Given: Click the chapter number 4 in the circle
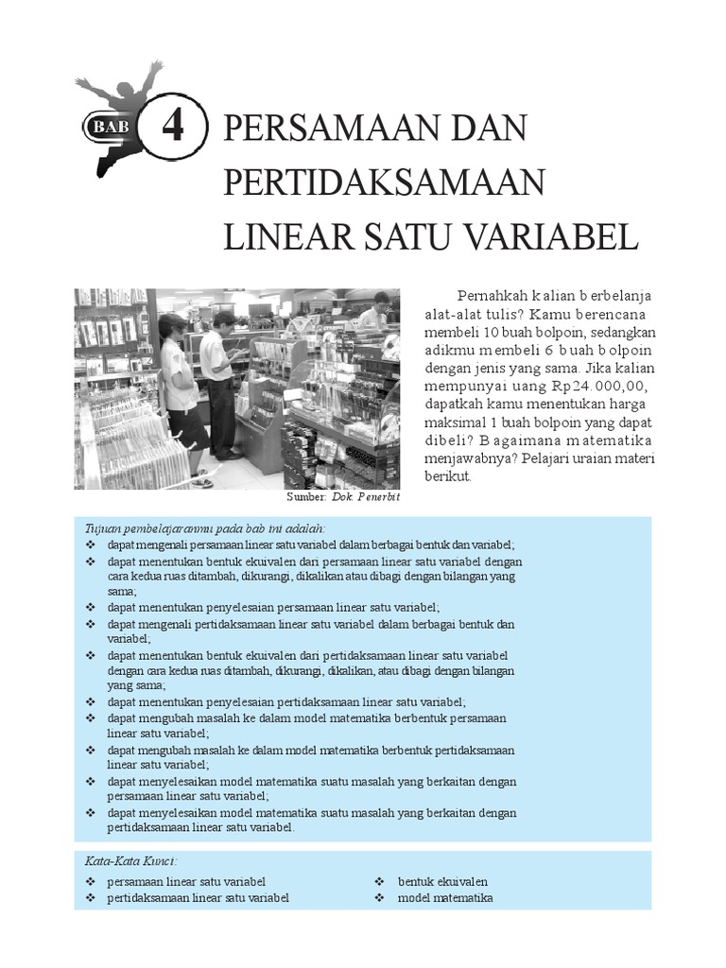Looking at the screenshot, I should click(172, 127).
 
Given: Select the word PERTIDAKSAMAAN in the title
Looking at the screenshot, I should click(386, 181).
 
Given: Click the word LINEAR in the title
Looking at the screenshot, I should click(280, 235).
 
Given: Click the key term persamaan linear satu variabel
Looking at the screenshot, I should click(187, 881).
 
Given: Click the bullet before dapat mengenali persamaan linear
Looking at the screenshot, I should click(90, 544).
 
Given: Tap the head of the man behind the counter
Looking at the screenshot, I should click(380, 301).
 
